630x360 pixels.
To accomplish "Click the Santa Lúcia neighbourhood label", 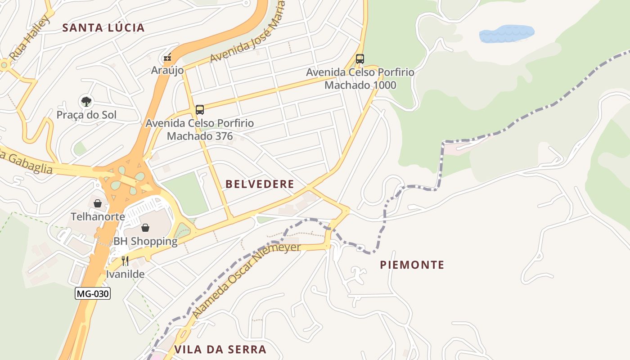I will [103, 28].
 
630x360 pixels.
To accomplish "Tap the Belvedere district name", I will [260, 184].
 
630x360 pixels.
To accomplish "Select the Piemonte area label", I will [412, 265].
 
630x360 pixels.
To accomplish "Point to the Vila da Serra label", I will [220, 350].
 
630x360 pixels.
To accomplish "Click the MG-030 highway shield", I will [92, 294].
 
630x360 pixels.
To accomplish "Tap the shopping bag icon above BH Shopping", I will [145, 228].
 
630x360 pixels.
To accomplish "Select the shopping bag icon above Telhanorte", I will [97, 203].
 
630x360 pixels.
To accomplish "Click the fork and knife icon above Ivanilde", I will [125, 261].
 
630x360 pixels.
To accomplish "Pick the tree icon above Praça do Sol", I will [86, 101].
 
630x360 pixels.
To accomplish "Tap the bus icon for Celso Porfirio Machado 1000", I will [360, 58].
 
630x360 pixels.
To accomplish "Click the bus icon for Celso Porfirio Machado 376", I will [199, 109].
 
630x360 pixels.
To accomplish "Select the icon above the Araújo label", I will [167, 58].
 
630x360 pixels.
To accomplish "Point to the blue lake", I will [506, 34].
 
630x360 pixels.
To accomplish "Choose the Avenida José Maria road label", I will [248, 33].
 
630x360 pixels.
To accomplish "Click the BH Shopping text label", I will [145, 241].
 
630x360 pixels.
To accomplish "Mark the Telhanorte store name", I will [98, 216].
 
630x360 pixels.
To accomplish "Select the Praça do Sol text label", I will [86, 115].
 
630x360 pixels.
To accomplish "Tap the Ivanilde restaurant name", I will [125, 274].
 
